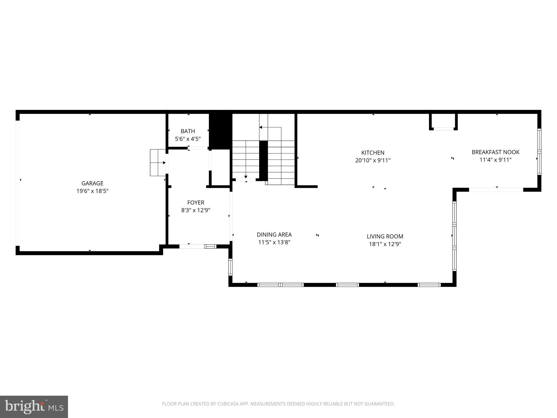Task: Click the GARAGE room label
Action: (92, 183)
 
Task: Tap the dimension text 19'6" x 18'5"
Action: (92, 191)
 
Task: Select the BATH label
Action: (188, 131)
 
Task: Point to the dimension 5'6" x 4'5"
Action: (188, 139)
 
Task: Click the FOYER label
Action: (196, 202)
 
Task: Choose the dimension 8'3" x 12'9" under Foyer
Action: (196, 210)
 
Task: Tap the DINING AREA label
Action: (274, 235)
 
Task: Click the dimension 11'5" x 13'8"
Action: (274, 242)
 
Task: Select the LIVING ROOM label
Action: (385, 236)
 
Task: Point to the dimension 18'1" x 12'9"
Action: (385, 244)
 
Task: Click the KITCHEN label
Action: (373, 153)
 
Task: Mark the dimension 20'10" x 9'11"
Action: (373, 160)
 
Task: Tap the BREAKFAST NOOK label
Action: (496, 152)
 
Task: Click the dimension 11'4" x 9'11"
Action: (496, 160)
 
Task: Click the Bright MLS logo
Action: (34, 407)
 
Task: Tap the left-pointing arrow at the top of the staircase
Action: (261, 127)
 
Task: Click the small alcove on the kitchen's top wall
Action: (443, 121)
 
